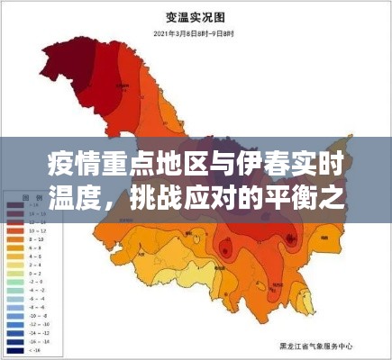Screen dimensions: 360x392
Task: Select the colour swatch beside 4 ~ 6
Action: coord(17,257)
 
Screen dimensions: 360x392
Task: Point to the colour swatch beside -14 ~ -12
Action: coord(17,333)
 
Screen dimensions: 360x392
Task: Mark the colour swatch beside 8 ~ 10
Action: coord(17,238)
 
